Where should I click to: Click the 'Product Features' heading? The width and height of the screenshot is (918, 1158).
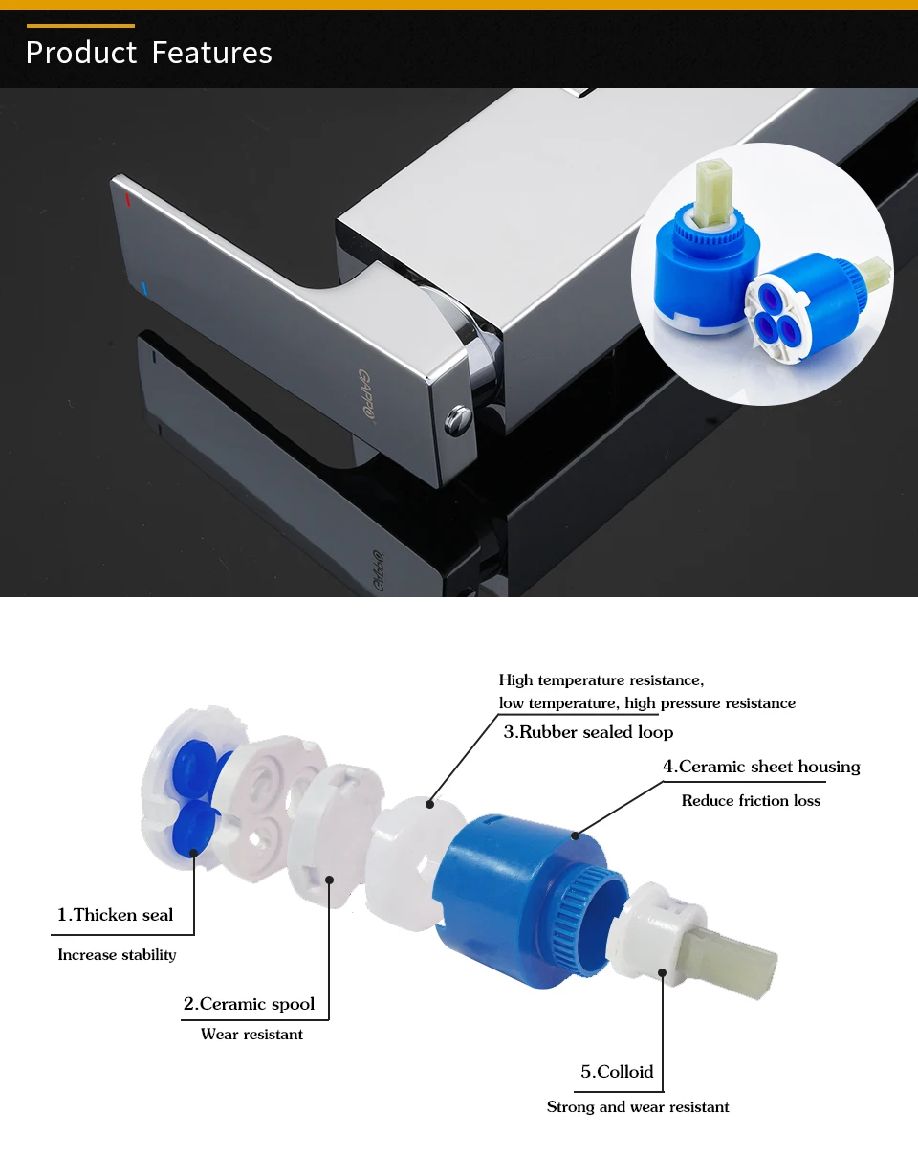pos(149,53)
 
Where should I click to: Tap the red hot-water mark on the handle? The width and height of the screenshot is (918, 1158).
pos(127,200)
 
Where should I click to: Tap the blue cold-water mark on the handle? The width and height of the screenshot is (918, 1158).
pos(143,288)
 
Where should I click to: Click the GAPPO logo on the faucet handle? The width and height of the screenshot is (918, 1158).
pos(365,393)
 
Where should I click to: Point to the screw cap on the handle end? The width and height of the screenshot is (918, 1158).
pos(458,420)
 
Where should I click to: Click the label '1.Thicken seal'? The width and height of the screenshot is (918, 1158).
pos(115,915)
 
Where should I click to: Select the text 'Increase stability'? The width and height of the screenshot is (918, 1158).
pos(117,954)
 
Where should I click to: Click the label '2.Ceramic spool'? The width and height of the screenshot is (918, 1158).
pos(249,1004)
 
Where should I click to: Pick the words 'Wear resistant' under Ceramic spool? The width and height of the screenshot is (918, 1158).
pos(251,1035)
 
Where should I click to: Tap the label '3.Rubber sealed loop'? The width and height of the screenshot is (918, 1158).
pos(588,732)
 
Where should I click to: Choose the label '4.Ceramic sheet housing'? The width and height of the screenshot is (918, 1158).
pos(761,767)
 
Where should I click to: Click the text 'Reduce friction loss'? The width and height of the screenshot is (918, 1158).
pos(751,801)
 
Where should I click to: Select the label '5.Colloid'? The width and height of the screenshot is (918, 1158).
pos(617,1071)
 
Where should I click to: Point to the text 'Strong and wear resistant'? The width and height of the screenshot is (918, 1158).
pos(638,1107)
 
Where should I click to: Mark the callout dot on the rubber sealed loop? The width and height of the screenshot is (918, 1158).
pos(429,805)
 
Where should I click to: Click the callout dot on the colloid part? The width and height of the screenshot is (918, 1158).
pos(663,972)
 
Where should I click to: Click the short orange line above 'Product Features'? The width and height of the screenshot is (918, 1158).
pos(80,25)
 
